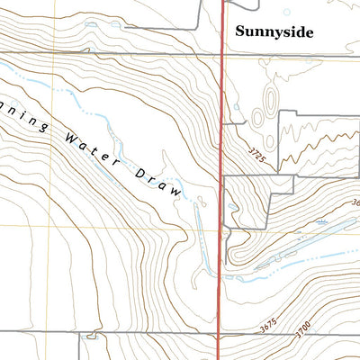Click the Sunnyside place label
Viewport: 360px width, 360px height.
274,31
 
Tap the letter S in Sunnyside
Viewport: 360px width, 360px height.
240,31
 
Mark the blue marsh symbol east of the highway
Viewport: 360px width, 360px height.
321,220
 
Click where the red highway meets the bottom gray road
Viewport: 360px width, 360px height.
221,336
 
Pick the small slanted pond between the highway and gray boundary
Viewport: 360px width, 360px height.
233,209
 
